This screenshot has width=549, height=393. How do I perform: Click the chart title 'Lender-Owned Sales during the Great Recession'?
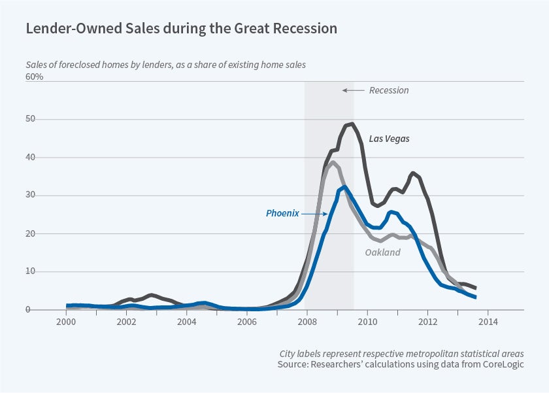pyautogui.click(x=181, y=29)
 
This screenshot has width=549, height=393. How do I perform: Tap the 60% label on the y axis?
pyautogui.click(x=35, y=77)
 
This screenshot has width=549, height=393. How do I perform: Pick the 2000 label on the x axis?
pyautogui.click(x=66, y=322)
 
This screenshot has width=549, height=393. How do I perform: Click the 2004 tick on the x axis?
pyautogui.click(x=186, y=322)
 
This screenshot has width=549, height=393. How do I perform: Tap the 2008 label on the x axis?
pyautogui.click(x=307, y=322)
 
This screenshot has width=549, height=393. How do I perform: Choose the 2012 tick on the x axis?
pyautogui.click(x=428, y=322)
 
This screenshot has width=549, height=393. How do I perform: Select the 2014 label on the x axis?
pyautogui.click(x=488, y=322)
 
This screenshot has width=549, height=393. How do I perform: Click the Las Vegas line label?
pyautogui.click(x=389, y=139)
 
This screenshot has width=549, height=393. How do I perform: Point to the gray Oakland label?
pyautogui.click(x=382, y=252)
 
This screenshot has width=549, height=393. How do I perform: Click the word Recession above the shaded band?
pyautogui.click(x=389, y=90)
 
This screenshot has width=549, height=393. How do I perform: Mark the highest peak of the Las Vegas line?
pyautogui.click(x=352, y=124)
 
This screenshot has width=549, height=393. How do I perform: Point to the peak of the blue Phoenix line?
pyautogui.click(x=345, y=187)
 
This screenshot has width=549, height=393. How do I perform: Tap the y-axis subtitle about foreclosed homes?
pyautogui.click(x=166, y=65)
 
